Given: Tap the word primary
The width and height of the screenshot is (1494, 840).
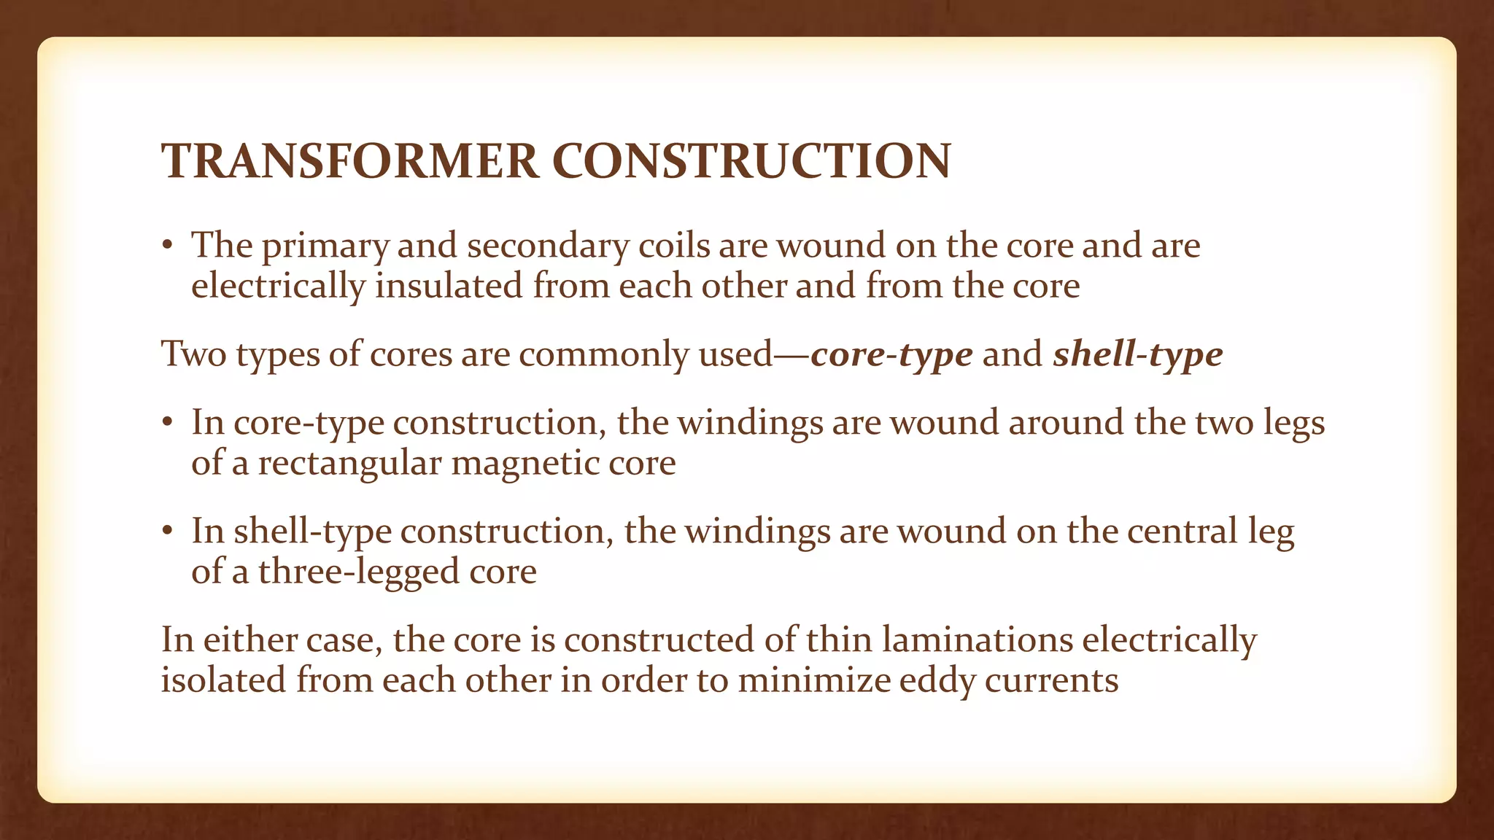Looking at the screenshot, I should click(x=325, y=246).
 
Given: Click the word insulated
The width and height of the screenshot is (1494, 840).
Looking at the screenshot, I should click(x=449, y=285).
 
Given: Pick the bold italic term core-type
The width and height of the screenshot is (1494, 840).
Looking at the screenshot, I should click(x=891, y=355).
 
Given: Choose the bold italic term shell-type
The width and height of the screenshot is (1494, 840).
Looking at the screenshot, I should click(x=1137, y=355).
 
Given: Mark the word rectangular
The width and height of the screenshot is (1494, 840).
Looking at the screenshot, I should click(x=349, y=463).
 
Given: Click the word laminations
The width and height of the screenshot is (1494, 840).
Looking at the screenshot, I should click(x=977, y=639).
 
